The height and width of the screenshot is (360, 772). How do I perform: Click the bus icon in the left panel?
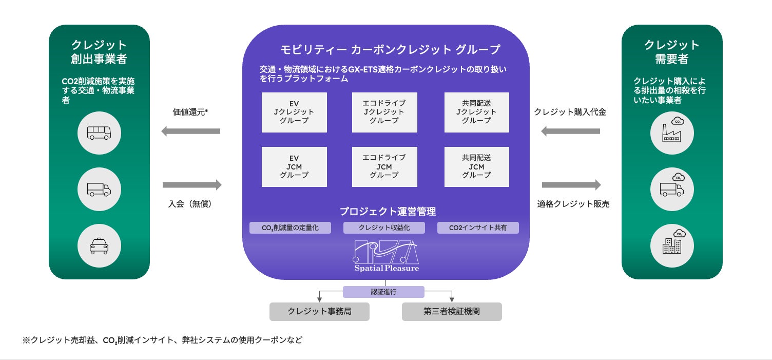[x=99, y=133]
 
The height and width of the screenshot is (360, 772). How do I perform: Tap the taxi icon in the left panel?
[x=99, y=245]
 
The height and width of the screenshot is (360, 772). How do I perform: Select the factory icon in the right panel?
[x=672, y=133]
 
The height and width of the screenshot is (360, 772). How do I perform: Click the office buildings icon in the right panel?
[x=672, y=245]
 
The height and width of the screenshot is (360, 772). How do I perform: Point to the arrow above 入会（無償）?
[x=192, y=185]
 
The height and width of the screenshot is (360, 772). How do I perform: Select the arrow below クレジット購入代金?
[x=570, y=131]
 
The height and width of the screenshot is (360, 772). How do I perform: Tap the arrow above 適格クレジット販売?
[x=571, y=185]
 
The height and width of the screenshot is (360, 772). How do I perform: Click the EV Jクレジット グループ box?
[x=294, y=112]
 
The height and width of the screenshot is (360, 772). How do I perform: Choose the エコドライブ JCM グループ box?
[x=384, y=167]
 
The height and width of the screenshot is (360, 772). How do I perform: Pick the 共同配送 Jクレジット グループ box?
[x=476, y=112]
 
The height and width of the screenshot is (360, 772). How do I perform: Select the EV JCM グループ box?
[x=294, y=167]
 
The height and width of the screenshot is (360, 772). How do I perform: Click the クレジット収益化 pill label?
[x=384, y=228]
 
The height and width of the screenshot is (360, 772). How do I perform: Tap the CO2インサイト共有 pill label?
[x=478, y=228]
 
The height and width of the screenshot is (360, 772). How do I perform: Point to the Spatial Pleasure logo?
[x=386, y=256]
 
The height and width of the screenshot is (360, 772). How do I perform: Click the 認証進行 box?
[x=383, y=292]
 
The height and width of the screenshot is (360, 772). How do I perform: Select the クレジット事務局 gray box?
[x=319, y=312]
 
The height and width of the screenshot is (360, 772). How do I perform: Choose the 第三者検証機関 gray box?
[x=452, y=312]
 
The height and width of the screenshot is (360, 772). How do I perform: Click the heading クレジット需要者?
[x=672, y=52]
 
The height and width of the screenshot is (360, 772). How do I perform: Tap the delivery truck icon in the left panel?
[x=99, y=189]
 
